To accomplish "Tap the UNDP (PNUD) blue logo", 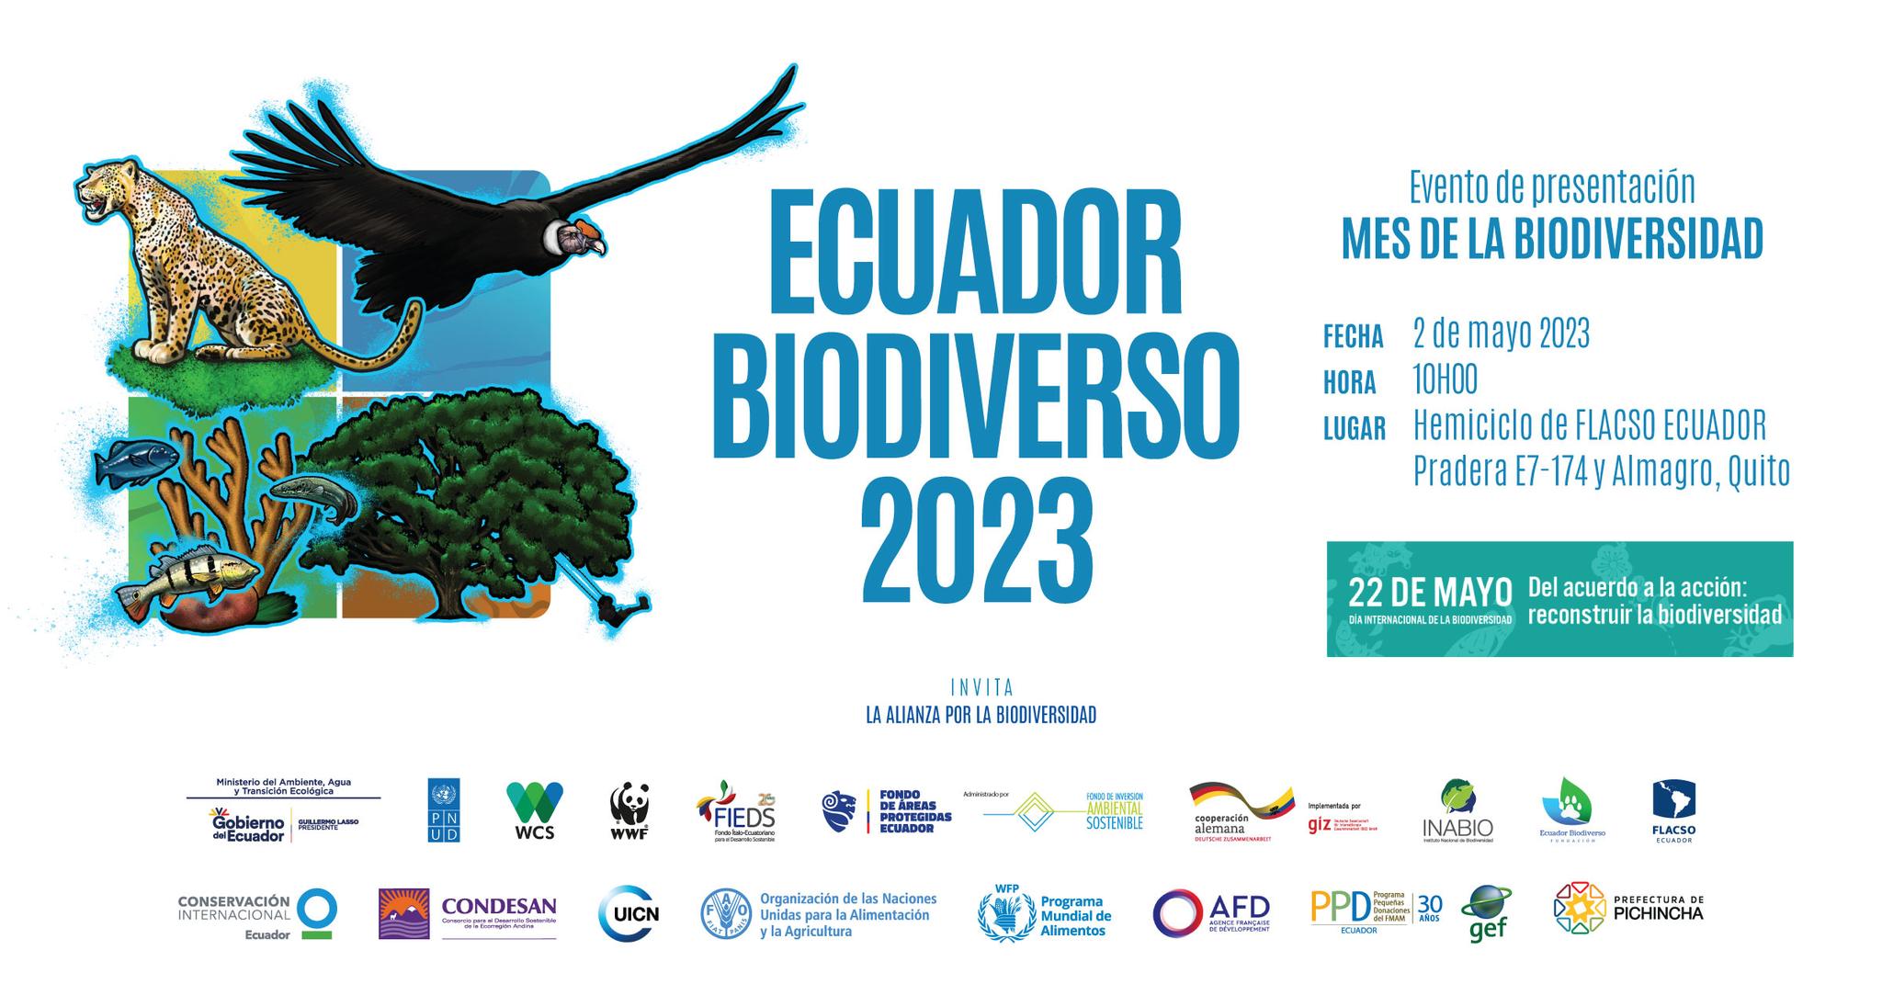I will (444, 810).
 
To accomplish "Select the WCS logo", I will (535, 810).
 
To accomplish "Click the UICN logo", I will (629, 913).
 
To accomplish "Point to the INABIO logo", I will (1457, 810).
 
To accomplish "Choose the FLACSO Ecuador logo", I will (1673, 810).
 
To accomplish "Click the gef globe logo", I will (1485, 911).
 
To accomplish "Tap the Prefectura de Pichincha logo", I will (1627, 908).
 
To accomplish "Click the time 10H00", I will (1445, 379).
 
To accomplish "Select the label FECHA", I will (1353, 337).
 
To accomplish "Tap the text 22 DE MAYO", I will (1430, 592).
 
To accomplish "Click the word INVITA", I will (981, 687).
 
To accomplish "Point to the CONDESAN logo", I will (468, 913).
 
